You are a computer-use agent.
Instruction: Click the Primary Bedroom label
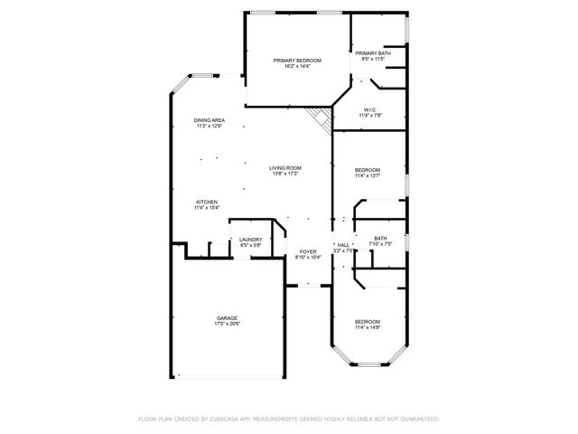[x=297, y=60]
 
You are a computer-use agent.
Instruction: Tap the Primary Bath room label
[x=373, y=53]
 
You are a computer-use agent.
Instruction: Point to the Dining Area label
[x=209, y=120]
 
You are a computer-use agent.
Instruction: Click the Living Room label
[x=285, y=167]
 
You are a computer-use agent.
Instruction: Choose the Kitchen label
[x=207, y=202]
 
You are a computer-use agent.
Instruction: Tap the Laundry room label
[x=250, y=240]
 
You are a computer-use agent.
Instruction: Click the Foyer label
[x=308, y=251]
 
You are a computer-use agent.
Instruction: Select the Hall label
[x=343, y=245]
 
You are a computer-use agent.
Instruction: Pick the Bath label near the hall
[x=380, y=239]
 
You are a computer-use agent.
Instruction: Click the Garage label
[x=227, y=318]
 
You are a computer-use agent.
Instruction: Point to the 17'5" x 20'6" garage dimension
[x=227, y=325]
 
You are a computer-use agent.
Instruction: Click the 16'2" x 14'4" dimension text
[x=297, y=66]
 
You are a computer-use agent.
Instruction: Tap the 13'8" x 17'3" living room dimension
[x=285, y=174]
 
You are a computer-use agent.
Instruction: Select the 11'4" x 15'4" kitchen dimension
[x=207, y=208]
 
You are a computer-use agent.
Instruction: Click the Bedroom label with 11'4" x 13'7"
[x=367, y=170]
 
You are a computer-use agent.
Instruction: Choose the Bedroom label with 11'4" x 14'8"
[x=367, y=322]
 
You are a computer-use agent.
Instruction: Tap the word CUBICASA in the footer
[x=232, y=420]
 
